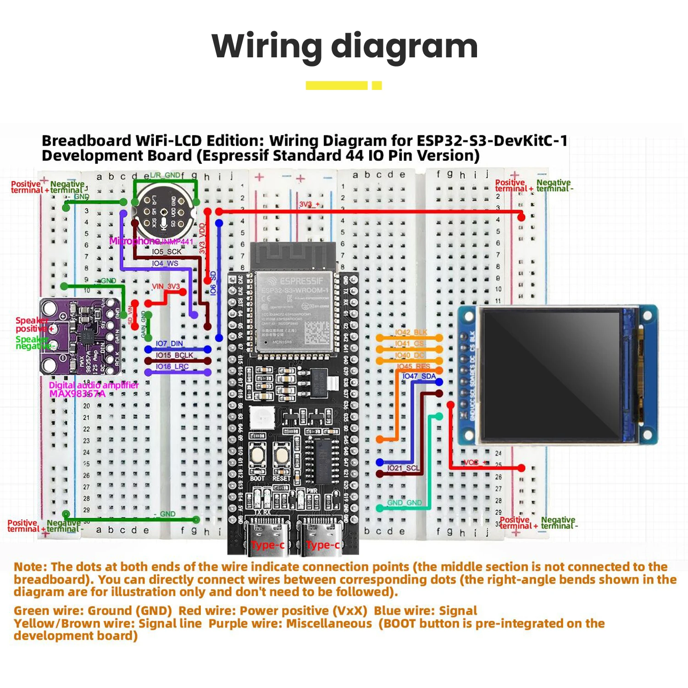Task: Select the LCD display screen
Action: pos(550,374)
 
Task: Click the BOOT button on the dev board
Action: pos(257,456)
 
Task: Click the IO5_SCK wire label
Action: pos(166,252)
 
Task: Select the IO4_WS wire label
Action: pos(165,264)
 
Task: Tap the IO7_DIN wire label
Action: pos(169,344)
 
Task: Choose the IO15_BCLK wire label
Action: pos(174,355)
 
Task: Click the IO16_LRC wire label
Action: pos(172,366)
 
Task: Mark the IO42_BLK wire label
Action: pos(411,332)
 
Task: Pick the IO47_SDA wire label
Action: pos(419,376)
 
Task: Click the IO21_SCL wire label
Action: pos(403,468)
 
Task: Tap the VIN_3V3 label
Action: pos(166,286)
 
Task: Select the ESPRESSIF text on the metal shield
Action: pos(301,281)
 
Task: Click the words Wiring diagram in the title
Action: pos(344,46)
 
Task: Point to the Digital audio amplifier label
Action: pos(94,385)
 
